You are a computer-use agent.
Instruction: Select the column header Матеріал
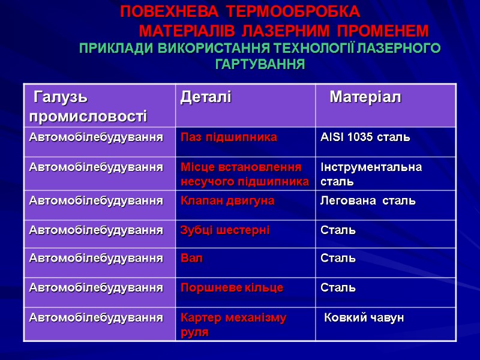click(x=365, y=97)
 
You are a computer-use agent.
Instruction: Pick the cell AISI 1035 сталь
click(x=365, y=137)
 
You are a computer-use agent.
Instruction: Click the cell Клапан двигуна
click(x=228, y=200)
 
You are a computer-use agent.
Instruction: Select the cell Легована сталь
click(x=368, y=200)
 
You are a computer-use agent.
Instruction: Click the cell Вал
click(x=192, y=259)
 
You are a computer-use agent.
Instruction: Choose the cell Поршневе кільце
click(x=232, y=288)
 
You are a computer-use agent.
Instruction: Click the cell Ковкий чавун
click(x=364, y=317)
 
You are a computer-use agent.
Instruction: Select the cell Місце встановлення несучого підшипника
click(x=245, y=173)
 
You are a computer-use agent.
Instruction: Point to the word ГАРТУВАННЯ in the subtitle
click(x=260, y=64)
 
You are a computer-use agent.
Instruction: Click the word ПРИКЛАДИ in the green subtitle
click(x=115, y=48)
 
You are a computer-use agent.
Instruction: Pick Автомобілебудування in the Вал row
click(x=96, y=259)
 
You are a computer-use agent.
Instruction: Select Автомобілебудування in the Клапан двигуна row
click(x=96, y=200)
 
